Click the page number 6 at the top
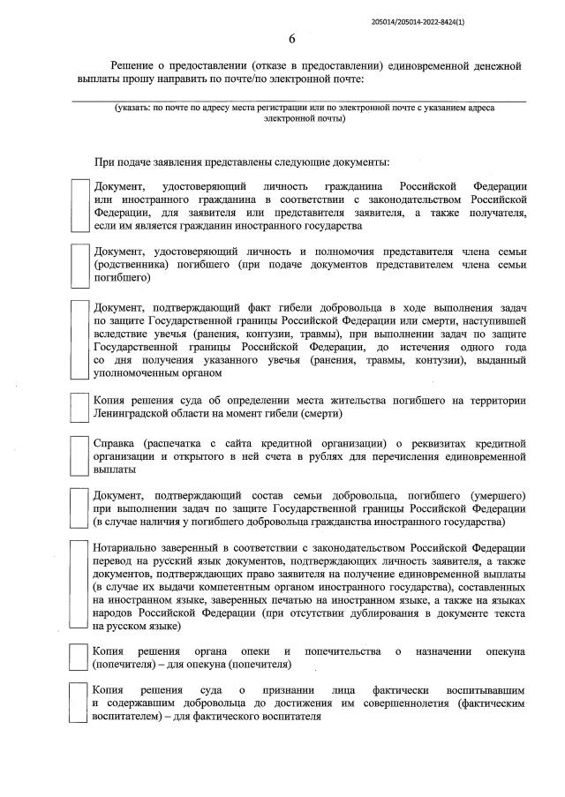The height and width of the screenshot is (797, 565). point(292,37)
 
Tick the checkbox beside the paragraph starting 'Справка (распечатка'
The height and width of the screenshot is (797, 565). point(80,455)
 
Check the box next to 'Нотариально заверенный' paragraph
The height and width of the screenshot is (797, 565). point(80,585)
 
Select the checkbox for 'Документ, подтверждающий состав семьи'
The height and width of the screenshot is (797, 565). point(80,506)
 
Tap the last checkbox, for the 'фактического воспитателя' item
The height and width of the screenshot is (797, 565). point(80,702)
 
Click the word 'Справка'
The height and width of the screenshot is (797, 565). point(115,441)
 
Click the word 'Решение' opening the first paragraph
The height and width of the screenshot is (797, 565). point(132,66)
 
